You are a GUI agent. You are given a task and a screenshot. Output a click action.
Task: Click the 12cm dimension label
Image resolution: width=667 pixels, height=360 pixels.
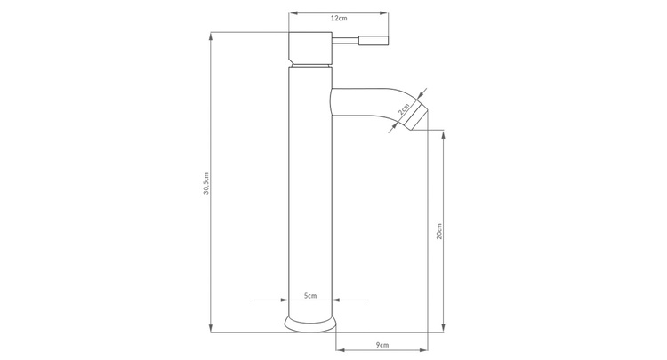[339, 19]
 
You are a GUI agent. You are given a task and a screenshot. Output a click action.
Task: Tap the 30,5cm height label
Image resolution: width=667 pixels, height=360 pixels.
[206, 184]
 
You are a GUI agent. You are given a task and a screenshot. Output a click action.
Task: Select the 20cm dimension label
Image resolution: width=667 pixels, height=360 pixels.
[439, 231]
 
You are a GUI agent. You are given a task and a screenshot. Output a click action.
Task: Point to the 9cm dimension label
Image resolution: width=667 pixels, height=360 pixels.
[382, 345]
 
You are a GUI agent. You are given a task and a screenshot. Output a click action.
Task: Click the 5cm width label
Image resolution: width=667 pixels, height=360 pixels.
[310, 295]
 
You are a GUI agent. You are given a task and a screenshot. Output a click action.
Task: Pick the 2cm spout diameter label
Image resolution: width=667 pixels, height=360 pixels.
[404, 108]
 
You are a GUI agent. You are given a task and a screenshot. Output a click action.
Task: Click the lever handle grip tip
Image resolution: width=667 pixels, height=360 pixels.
[374, 41]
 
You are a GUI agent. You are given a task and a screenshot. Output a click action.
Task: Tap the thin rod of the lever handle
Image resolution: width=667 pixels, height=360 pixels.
[345, 41]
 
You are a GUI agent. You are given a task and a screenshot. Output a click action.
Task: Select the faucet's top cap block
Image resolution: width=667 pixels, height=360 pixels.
[310, 48]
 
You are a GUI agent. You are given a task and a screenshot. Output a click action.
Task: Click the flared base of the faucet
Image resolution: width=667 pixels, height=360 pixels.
[310, 324]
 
